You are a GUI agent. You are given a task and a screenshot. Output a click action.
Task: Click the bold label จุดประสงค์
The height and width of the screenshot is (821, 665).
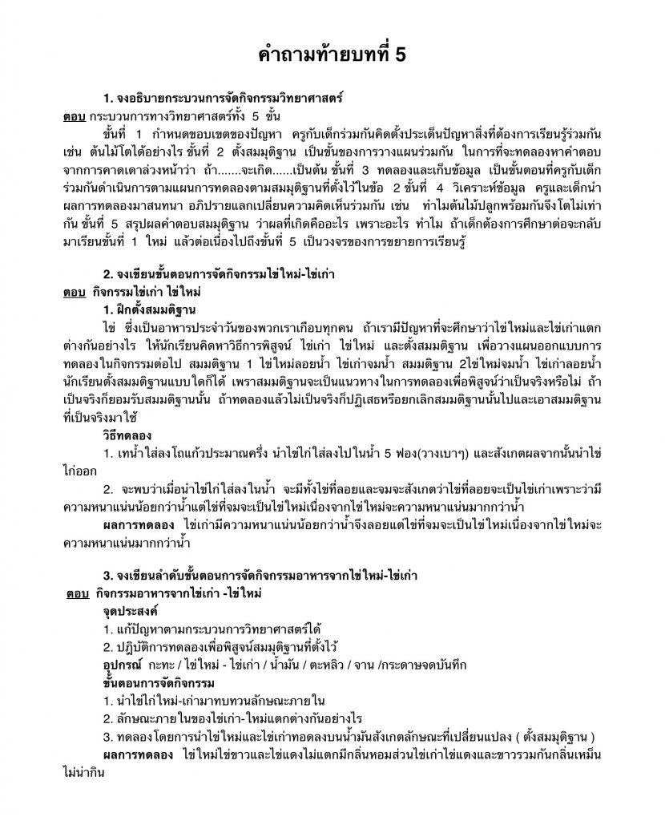point(127,611)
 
